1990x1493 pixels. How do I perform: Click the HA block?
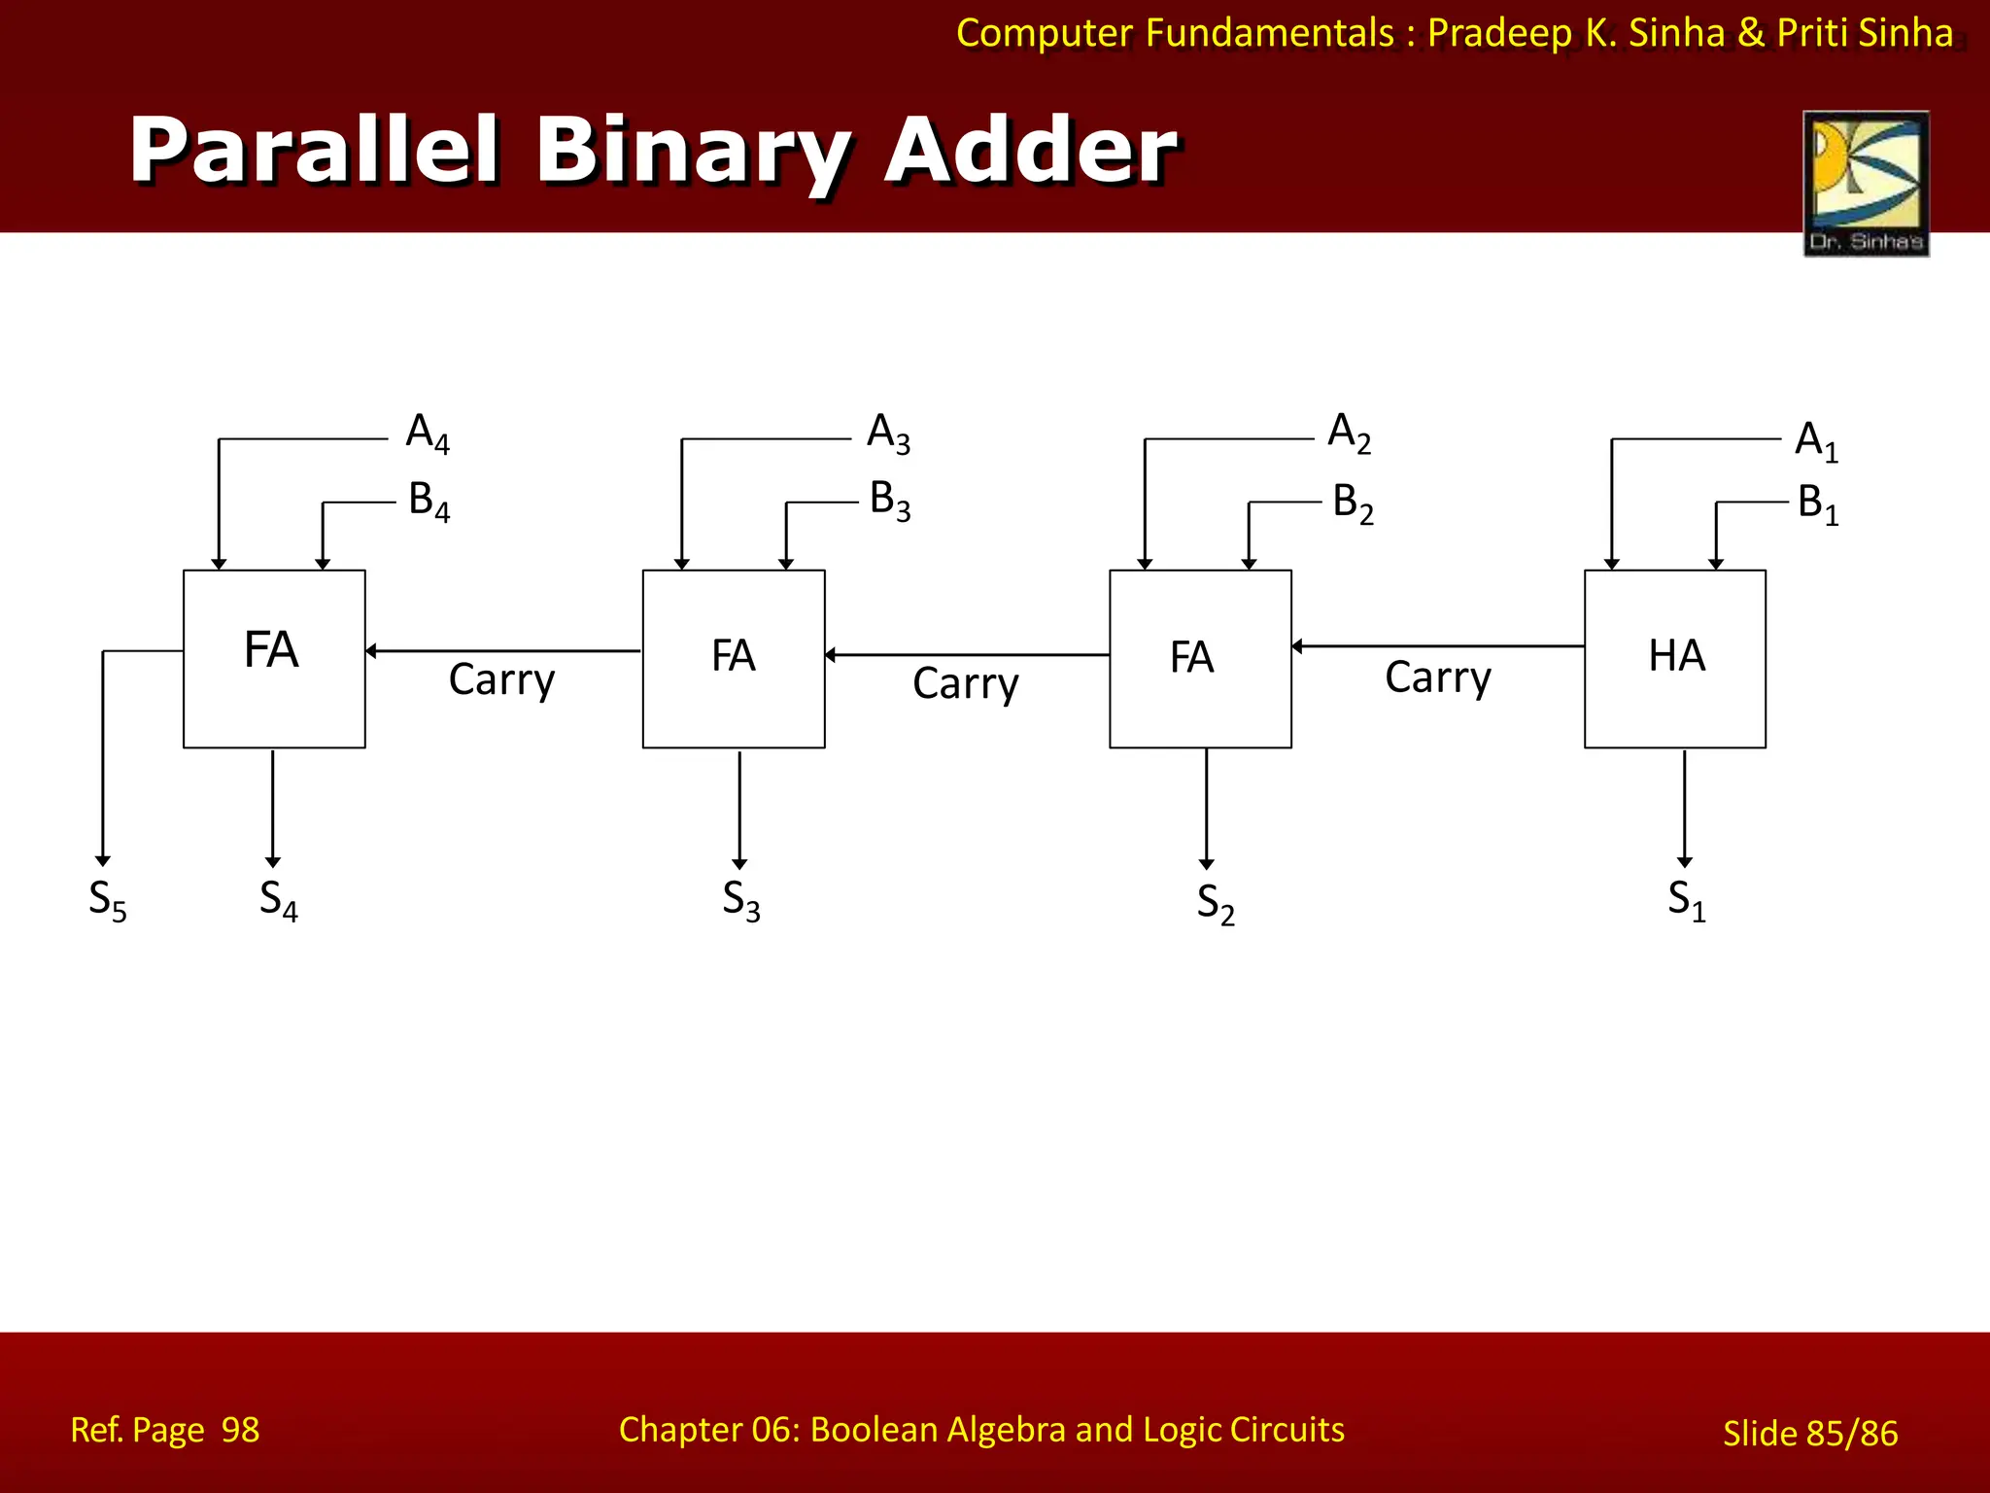click(1674, 658)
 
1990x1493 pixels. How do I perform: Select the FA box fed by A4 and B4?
click(274, 658)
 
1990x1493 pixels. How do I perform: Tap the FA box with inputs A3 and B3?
click(734, 658)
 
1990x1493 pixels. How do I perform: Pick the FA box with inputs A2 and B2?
click(1200, 658)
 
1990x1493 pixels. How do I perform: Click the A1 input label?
click(1815, 441)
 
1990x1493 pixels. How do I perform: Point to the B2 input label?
click(1353, 503)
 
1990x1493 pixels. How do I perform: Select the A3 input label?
click(888, 433)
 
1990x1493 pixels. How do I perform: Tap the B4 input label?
click(429, 502)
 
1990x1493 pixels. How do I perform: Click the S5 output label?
click(107, 901)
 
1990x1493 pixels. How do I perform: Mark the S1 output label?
click(1686, 901)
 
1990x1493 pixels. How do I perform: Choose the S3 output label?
click(740, 901)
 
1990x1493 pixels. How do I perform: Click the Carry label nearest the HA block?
click(1437, 677)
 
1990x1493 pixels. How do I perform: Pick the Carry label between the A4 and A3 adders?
click(501, 680)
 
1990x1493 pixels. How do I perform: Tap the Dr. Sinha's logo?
click(1866, 183)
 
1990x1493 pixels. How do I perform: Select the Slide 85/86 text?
click(1809, 1434)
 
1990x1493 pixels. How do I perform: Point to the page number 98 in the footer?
click(240, 1430)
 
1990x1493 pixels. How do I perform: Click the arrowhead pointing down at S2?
click(1206, 864)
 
